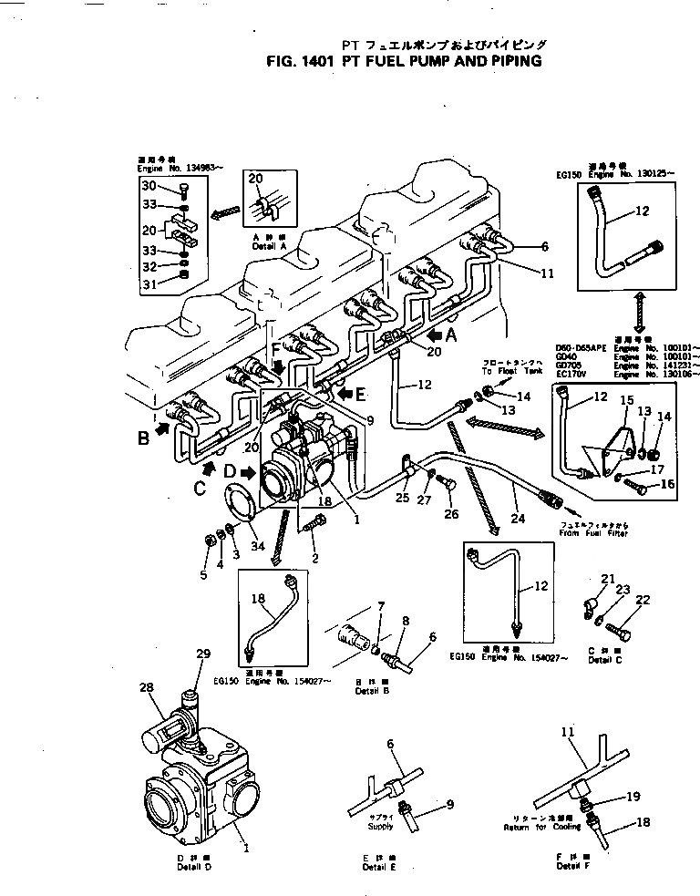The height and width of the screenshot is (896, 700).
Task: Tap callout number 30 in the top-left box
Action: point(149,185)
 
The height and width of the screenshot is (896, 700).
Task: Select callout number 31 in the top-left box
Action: point(149,285)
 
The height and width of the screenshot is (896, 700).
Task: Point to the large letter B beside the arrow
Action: point(143,438)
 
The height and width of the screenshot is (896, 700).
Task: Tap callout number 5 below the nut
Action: point(203,574)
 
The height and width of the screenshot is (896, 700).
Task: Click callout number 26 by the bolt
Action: point(448,514)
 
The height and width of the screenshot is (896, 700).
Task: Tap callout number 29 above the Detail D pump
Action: point(203,654)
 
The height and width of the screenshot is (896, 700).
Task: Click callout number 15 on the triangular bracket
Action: point(626,400)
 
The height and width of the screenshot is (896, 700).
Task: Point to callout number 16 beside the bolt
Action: point(667,484)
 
